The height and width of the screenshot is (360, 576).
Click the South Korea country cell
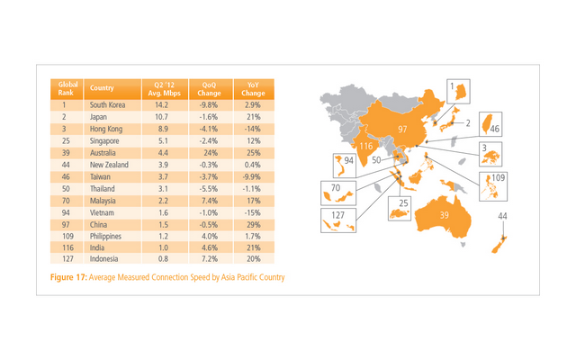tap(106, 105)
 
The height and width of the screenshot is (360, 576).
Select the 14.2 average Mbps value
tap(164, 105)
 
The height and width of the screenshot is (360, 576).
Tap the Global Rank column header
tap(65, 88)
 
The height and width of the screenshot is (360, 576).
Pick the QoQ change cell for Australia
tap(206, 152)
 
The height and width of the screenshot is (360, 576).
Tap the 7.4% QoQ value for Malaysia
tap(206, 199)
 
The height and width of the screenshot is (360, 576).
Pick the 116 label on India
tap(366, 146)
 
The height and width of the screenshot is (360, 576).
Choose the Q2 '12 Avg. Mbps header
tap(164, 88)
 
